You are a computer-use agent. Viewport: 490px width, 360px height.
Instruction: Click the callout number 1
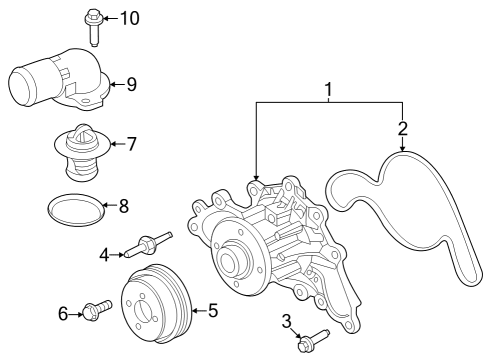327,91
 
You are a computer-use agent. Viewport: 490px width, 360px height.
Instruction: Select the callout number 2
403,128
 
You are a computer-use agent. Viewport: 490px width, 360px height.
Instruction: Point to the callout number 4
104,254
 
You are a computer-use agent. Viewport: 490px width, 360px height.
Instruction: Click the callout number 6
63,314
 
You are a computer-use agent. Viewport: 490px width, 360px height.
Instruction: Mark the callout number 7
131,144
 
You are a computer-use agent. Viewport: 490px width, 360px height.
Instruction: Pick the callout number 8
124,207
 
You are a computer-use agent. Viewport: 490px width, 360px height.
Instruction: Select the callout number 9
130,84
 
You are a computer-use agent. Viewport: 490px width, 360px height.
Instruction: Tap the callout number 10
131,18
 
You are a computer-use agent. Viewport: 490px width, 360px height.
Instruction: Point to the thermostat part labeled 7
81,151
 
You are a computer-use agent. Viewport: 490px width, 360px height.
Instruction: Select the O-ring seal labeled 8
76,209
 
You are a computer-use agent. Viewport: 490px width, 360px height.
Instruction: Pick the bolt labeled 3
312,341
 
